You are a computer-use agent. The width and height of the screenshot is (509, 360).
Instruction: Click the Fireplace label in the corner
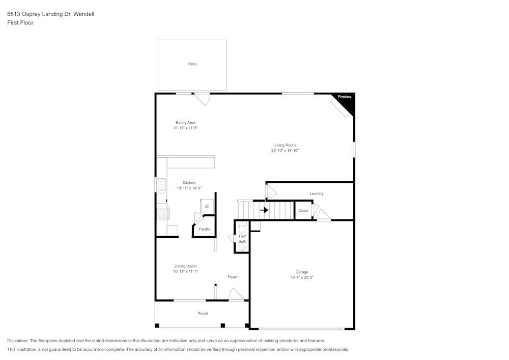(x=345, y=96)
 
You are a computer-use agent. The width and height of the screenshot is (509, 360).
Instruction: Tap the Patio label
(x=192, y=64)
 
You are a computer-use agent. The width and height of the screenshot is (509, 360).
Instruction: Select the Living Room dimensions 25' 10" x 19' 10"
(x=285, y=151)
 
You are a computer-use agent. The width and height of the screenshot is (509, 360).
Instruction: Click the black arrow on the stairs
(x=264, y=210)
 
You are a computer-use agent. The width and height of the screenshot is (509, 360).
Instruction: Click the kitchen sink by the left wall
(x=161, y=184)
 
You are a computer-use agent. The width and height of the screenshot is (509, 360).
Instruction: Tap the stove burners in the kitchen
(x=162, y=213)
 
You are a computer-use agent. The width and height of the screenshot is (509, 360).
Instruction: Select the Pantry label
(x=204, y=229)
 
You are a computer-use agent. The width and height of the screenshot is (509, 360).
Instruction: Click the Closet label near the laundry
(x=303, y=211)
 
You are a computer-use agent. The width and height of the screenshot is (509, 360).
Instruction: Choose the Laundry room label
(x=317, y=193)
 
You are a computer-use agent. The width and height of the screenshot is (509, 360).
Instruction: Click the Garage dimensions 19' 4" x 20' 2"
(x=301, y=278)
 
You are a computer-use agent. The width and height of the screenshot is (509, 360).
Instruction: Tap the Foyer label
(x=232, y=277)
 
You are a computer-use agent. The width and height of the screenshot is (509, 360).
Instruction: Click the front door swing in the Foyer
(x=235, y=294)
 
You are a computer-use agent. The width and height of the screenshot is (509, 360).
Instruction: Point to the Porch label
(x=203, y=313)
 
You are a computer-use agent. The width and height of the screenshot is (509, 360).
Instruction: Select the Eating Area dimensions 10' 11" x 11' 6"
(x=185, y=128)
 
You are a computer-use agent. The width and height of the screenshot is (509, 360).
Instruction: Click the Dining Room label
(x=185, y=266)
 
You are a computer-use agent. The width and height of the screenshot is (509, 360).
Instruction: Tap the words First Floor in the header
(x=20, y=23)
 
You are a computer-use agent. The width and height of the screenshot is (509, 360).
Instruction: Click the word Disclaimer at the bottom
(x=18, y=341)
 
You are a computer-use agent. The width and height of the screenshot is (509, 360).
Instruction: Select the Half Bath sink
(x=242, y=247)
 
